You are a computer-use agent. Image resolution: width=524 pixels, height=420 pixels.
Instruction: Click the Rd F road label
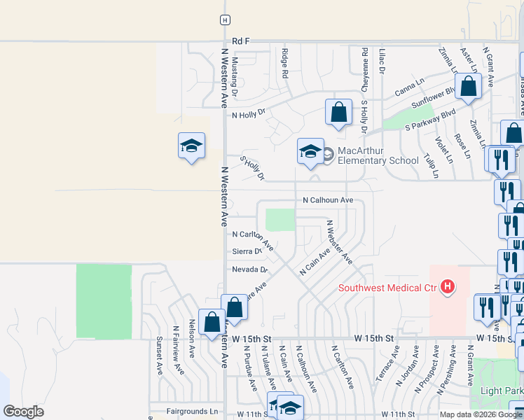click(x=241, y=42)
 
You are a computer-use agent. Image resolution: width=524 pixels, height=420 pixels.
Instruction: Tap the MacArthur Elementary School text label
click(x=378, y=155)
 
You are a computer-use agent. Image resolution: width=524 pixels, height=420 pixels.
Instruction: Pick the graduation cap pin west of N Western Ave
click(x=191, y=146)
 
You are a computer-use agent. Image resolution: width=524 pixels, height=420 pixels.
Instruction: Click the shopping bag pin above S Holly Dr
click(x=338, y=112)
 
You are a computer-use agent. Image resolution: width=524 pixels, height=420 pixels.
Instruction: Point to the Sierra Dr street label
click(x=247, y=251)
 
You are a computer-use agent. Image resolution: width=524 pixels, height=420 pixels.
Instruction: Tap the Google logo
click(x=23, y=412)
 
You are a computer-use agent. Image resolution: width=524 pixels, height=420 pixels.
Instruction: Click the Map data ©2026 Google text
click(x=481, y=414)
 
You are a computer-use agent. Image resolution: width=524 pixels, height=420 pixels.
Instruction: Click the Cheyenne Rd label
click(x=365, y=70)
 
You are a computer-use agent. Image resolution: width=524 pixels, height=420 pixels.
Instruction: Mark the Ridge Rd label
click(x=285, y=63)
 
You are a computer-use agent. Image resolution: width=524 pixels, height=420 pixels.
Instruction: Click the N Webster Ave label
click(x=340, y=241)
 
